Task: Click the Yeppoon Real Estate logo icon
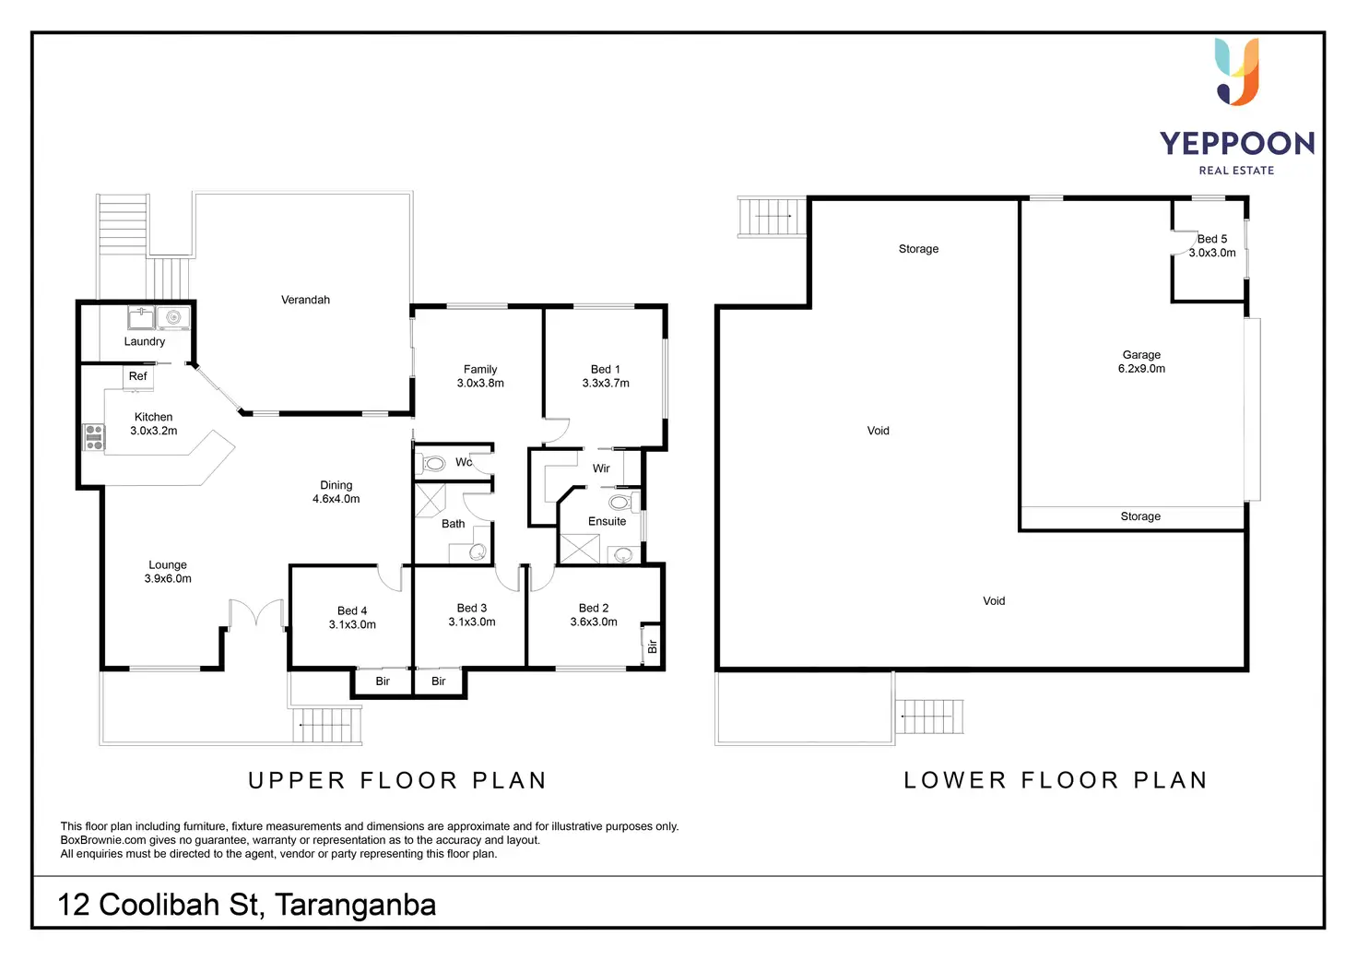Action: pos(1237,71)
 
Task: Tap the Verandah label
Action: pos(305,300)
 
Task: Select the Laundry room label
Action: pos(145,341)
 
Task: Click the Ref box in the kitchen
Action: pos(138,376)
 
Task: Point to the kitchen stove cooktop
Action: pos(94,437)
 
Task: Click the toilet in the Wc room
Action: pos(433,463)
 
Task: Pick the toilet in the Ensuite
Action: pos(620,503)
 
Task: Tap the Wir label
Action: pos(601,468)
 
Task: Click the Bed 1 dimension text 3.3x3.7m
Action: pos(606,384)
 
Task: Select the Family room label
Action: pos(480,369)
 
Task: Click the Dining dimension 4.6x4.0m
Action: pos(336,499)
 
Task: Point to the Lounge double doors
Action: pos(256,614)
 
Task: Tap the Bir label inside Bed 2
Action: pos(652,646)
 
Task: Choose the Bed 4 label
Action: pos(352,610)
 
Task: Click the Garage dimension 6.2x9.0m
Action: pos(1141,369)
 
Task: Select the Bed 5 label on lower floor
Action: pos(1212,239)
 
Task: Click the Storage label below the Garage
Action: pos(1140,516)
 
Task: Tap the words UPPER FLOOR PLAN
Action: pos(397,781)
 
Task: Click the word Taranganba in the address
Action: pos(355,905)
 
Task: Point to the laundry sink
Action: pos(141,317)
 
